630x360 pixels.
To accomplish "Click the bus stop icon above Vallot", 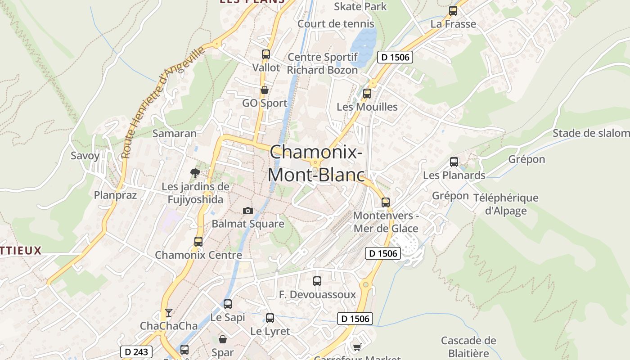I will click(x=266, y=54).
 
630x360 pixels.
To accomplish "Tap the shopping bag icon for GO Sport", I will click(x=265, y=90).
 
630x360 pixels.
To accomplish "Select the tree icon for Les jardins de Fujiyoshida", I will click(x=195, y=173).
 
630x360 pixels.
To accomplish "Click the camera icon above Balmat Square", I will click(x=247, y=211).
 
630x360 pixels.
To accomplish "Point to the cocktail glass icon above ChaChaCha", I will click(x=169, y=312).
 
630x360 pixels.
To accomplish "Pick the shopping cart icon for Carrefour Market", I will click(x=357, y=346).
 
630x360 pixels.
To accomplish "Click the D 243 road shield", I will click(x=136, y=352).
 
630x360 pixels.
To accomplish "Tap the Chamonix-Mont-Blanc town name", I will click(x=316, y=163).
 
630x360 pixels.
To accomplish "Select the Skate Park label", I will click(x=360, y=6).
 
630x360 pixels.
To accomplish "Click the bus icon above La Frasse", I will click(x=453, y=11).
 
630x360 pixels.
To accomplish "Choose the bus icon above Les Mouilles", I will click(x=367, y=94).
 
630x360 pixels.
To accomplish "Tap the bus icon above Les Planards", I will click(x=454, y=162).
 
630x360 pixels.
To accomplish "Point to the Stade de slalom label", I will click(x=591, y=133).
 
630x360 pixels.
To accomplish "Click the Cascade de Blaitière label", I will click(x=468, y=346).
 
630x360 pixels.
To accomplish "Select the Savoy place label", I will click(x=85, y=156).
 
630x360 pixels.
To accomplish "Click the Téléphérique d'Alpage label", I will click(x=506, y=204).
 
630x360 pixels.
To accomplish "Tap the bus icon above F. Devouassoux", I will click(x=317, y=281).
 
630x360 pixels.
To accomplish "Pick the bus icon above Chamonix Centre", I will click(x=198, y=242).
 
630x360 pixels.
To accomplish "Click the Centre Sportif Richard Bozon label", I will click(x=322, y=63).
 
